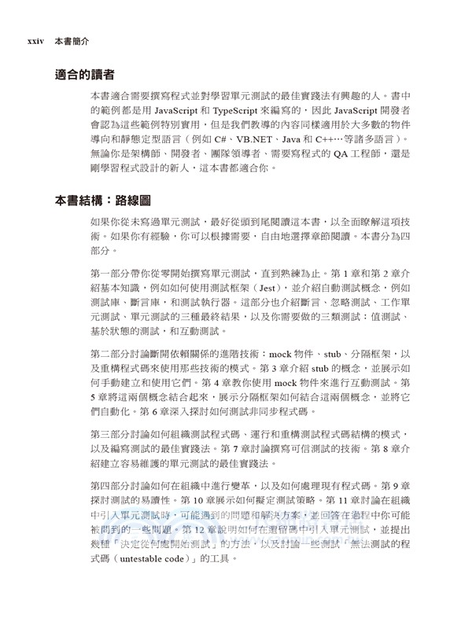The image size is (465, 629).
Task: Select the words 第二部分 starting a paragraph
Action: (113, 355)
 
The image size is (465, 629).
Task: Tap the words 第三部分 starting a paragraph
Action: (113, 436)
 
